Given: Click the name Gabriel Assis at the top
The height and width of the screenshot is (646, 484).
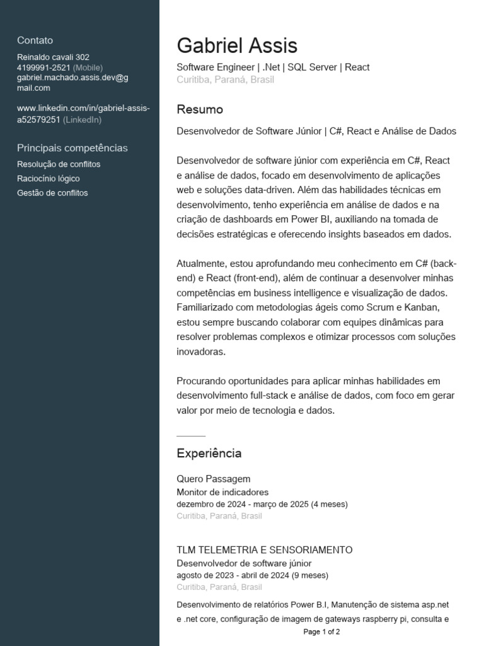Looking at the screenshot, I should point(237,45).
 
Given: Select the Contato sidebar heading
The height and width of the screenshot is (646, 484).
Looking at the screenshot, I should point(35,40).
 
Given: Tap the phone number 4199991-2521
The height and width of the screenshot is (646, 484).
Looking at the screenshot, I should point(43,68).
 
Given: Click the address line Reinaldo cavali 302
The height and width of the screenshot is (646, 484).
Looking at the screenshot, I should point(53,57).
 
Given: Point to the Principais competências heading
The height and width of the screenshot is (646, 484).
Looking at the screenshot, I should point(72,148).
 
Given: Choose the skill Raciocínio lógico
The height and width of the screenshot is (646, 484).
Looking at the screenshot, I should point(48,179).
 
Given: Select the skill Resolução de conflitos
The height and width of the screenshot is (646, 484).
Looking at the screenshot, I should point(59,164).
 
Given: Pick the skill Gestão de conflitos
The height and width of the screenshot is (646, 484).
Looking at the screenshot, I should point(52,193).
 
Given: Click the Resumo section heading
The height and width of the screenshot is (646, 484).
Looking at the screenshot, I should point(200,110).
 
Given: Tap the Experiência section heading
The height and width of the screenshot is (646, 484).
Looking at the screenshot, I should point(209,454).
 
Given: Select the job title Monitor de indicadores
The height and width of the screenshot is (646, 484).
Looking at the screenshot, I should point(222,492).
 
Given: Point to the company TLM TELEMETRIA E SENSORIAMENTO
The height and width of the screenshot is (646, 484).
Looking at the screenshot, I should point(264,550).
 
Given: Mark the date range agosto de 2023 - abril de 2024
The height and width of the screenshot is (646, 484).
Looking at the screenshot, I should point(233,575).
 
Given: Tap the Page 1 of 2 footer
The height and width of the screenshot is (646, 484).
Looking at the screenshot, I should point(321,631).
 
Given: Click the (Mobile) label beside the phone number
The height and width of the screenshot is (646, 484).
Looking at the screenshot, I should point(88,68).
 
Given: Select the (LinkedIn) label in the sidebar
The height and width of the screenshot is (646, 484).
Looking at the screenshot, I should point(82,120).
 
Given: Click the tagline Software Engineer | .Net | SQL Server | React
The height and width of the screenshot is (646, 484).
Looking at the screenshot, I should point(273,67).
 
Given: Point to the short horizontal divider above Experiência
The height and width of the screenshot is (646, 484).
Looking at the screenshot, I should point(191,436).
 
